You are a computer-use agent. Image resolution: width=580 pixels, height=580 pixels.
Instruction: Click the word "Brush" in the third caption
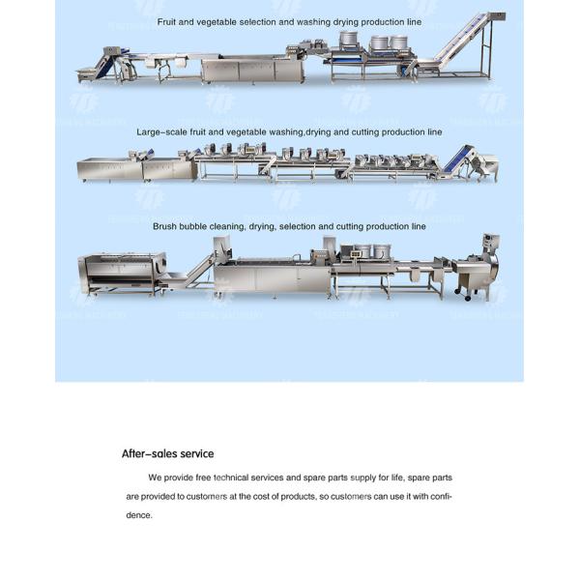coord(164,226)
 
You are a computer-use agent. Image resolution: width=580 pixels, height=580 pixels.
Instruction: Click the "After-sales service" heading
coord(167,453)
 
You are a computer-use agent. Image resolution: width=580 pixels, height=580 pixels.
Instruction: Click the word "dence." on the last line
coord(139,515)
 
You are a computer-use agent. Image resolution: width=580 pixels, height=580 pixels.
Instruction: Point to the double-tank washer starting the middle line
coord(135,170)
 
